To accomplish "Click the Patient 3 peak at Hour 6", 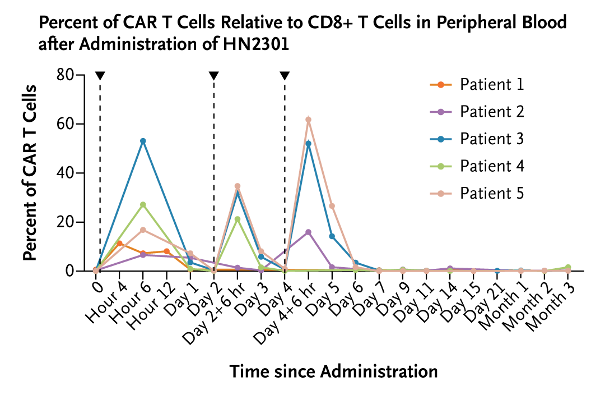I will [143, 141].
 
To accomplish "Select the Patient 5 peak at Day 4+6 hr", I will [308, 120].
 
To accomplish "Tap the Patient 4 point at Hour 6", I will [143, 205].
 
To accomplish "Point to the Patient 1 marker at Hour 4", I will [120, 243].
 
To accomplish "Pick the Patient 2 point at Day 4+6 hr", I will [308, 232].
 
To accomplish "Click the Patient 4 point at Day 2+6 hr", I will [238, 219].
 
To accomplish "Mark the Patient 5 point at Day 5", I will [332, 206].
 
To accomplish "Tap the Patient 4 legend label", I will [491, 166].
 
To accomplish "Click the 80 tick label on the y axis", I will [67, 75].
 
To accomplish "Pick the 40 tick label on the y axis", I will [67, 173].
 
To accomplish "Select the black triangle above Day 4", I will [285, 76].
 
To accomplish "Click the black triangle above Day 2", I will [213, 76].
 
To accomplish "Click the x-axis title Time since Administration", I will [333, 372].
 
